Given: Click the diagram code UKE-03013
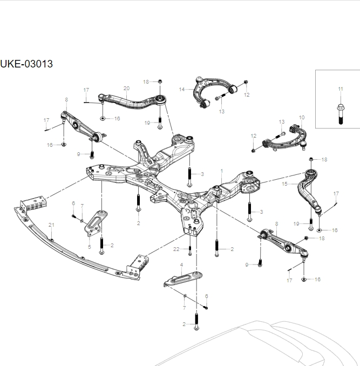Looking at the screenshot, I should coord(26,64).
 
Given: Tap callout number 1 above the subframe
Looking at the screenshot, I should coord(221,171).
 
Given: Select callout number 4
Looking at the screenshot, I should coord(181,265).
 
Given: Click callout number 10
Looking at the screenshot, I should coord(302,117).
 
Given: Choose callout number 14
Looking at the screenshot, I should coord(182,89).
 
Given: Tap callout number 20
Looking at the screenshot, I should coord(126,88).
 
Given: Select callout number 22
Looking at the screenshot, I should coord(176,248).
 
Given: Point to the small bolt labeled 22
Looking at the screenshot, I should coord(190,250).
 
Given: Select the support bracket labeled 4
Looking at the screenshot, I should coord(184,278).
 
